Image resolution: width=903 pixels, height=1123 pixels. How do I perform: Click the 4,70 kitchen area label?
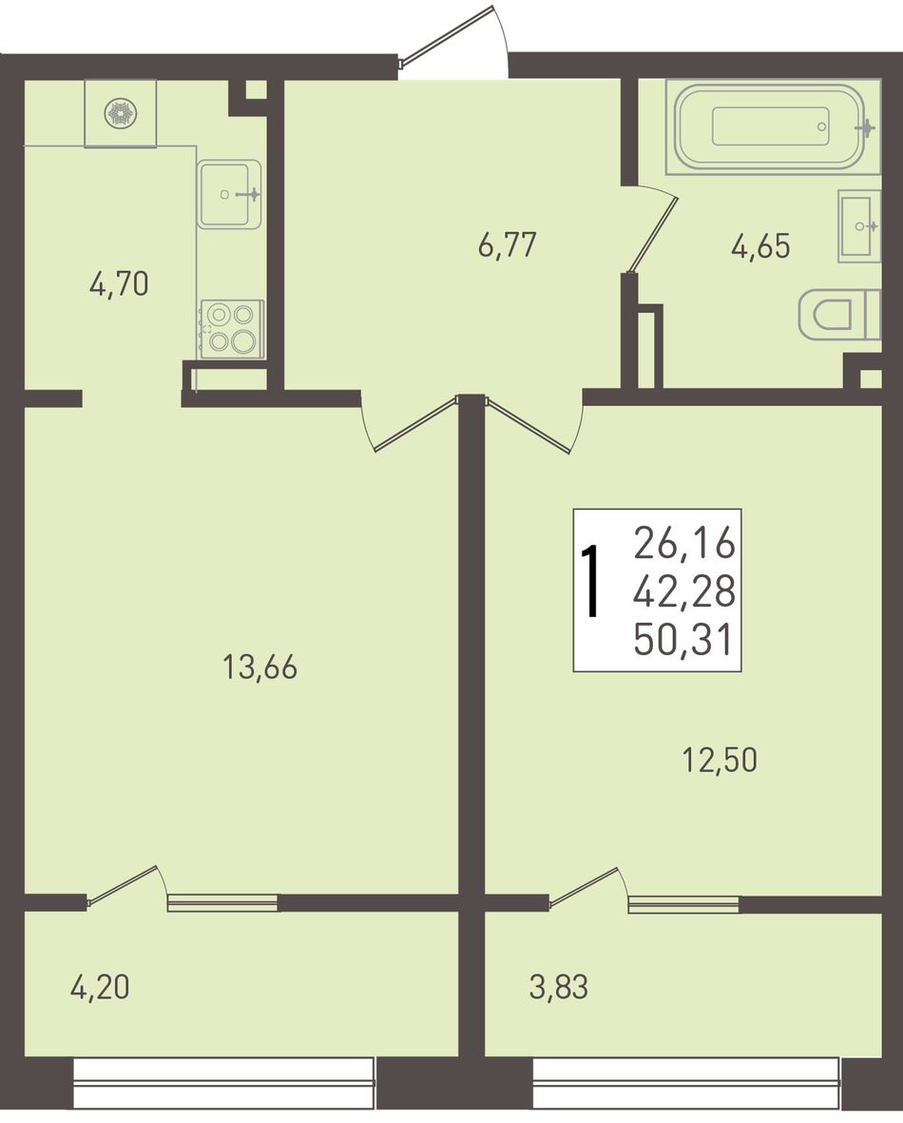[x=119, y=284]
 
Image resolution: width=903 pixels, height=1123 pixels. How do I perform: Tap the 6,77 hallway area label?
[x=507, y=245]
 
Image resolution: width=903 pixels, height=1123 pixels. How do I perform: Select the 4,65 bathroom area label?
[x=760, y=246]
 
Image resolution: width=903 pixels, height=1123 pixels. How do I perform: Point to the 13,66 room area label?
[x=259, y=668]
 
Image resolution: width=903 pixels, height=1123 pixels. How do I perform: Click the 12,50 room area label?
[x=720, y=760]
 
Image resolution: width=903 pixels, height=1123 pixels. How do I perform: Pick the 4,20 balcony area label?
[x=100, y=988]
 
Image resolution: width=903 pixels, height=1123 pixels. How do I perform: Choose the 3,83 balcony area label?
[x=559, y=988]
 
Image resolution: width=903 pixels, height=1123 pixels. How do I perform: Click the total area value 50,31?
[x=683, y=640]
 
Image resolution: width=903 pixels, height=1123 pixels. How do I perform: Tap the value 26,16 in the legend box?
[x=683, y=544]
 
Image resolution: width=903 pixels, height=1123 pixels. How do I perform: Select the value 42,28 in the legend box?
[x=683, y=591]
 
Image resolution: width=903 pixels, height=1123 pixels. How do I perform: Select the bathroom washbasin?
[x=859, y=226]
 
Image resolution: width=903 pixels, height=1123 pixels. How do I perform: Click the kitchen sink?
[x=229, y=194]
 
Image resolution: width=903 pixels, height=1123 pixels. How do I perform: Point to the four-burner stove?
[x=233, y=329]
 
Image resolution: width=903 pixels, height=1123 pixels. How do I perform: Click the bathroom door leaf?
[x=653, y=234]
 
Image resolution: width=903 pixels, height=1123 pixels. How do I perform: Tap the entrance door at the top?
[x=449, y=37]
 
